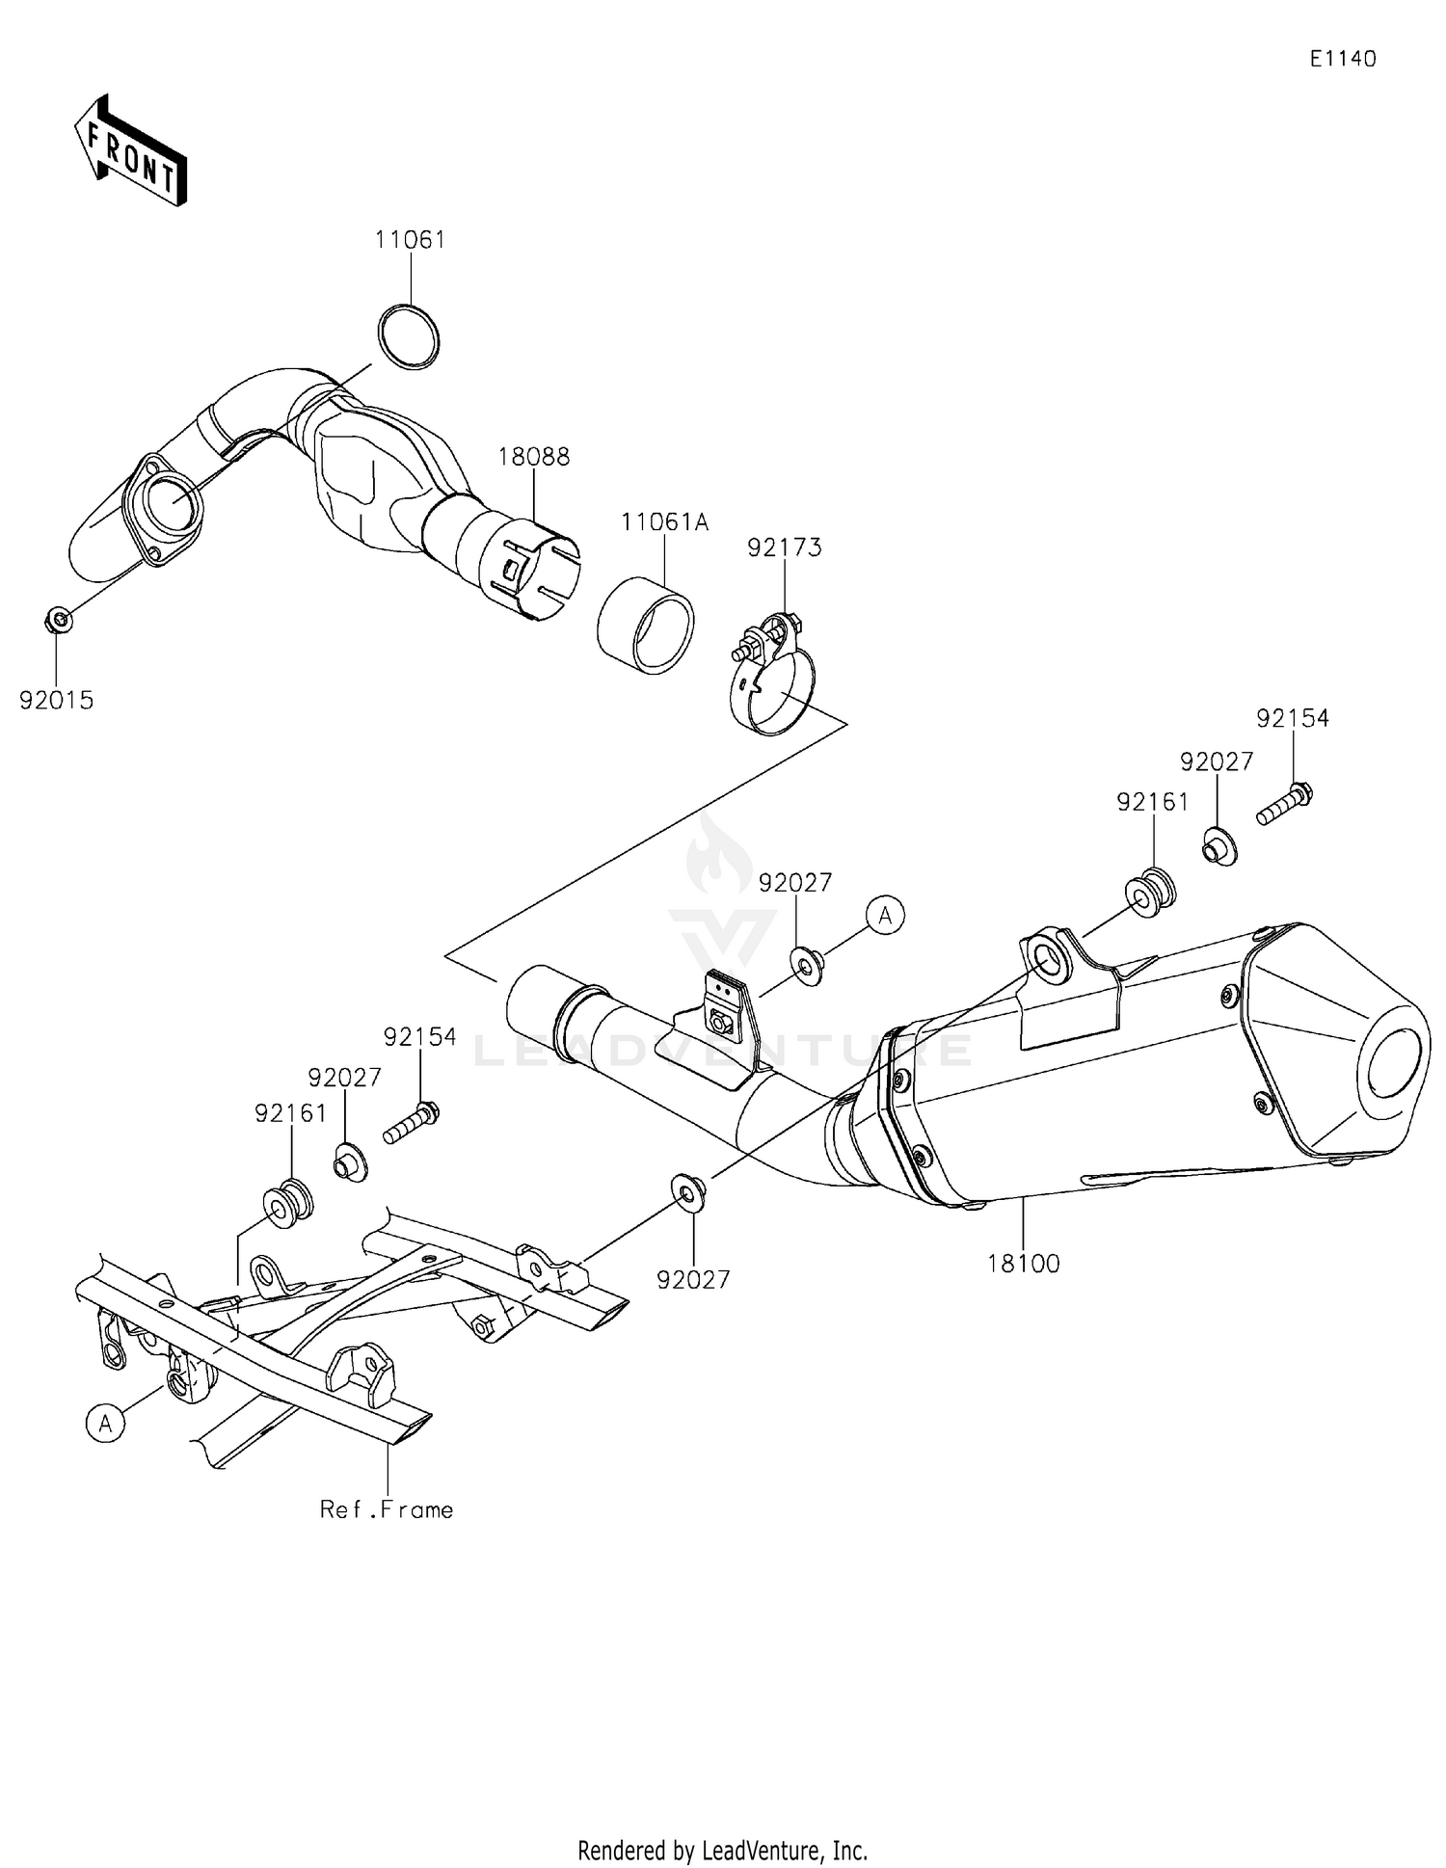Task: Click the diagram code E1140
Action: (1342, 59)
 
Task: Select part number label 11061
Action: (411, 240)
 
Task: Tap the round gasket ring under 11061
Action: (408, 335)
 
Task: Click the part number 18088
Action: (533, 457)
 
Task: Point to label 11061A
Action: (664, 522)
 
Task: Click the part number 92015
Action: (57, 701)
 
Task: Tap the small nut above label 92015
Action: (58, 620)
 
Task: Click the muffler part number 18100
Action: (1023, 1263)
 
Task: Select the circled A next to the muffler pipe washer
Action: (885, 915)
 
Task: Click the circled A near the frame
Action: (105, 1423)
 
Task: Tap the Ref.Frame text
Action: (387, 1509)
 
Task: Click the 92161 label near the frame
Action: (291, 1113)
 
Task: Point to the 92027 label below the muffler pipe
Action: (693, 1279)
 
